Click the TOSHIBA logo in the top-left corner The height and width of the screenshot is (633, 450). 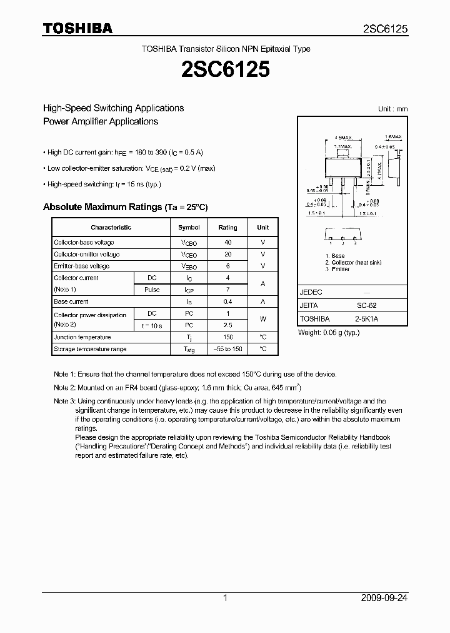point(77,29)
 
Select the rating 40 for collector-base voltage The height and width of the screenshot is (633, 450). point(227,243)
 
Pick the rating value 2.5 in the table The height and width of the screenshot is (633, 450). point(227,326)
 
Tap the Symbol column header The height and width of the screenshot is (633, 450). point(189,228)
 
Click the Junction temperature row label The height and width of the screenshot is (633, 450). point(82,338)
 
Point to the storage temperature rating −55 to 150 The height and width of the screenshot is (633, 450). point(227,349)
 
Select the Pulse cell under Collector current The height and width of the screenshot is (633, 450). point(152,290)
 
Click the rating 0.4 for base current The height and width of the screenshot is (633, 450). point(227,301)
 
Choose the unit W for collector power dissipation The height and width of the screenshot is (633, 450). point(263,320)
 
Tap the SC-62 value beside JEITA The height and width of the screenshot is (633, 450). point(366,306)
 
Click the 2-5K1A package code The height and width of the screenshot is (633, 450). point(366,318)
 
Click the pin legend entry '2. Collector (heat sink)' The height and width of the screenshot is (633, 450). point(353,263)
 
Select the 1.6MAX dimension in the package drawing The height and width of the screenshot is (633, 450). point(392,136)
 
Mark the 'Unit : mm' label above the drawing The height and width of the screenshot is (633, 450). point(392,109)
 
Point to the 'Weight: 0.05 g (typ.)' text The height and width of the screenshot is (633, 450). point(329,333)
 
